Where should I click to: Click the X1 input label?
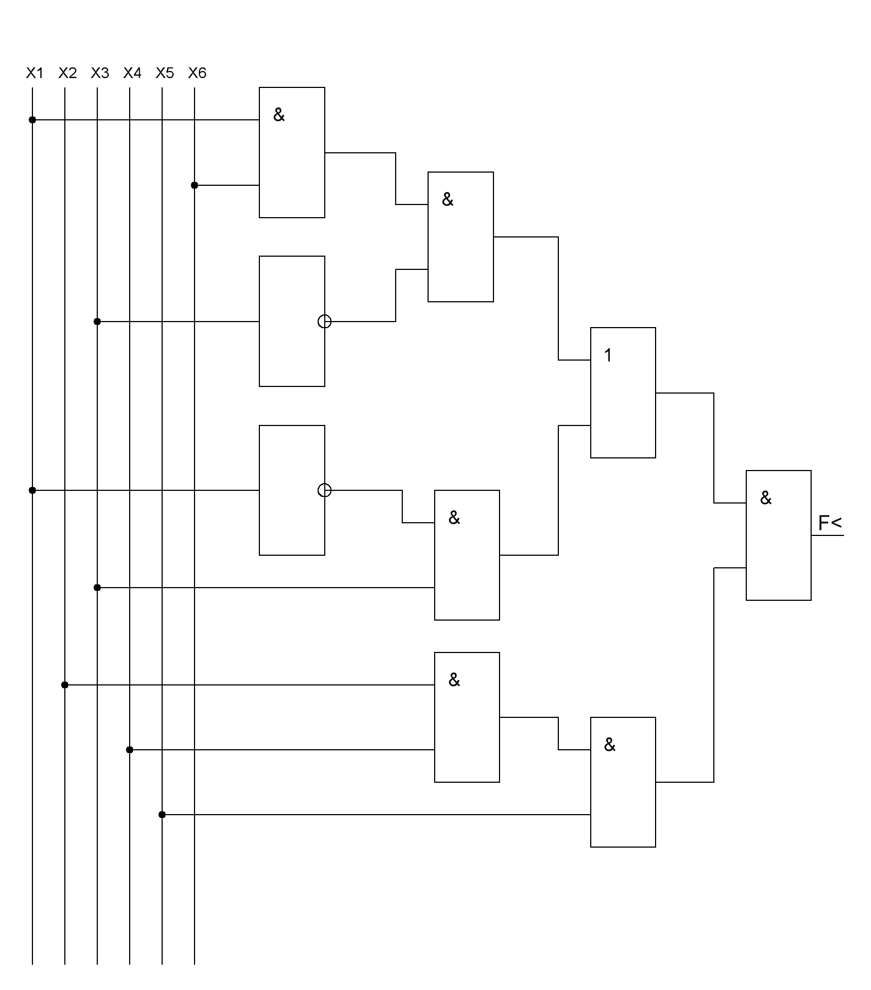point(35,73)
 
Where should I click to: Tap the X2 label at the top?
point(67,73)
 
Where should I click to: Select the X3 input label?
point(99,73)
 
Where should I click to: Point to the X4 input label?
point(132,73)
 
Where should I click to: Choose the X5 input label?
point(164,73)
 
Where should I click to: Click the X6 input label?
point(197,73)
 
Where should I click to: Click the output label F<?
point(829,523)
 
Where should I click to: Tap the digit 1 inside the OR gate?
point(608,356)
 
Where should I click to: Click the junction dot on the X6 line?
point(195,186)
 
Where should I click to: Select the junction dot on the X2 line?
point(65,685)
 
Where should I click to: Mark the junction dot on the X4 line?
point(130,750)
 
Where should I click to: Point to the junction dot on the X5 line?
point(162,815)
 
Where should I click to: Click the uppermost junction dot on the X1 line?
point(32,120)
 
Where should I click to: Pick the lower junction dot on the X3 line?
point(97,588)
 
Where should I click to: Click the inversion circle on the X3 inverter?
point(325,322)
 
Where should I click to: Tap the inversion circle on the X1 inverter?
point(325,490)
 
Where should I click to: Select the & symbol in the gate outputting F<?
point(765,498)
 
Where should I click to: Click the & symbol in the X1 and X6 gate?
point(279,115)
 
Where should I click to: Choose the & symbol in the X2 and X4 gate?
point(454,680)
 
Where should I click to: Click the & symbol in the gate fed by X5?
point(609,745)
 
